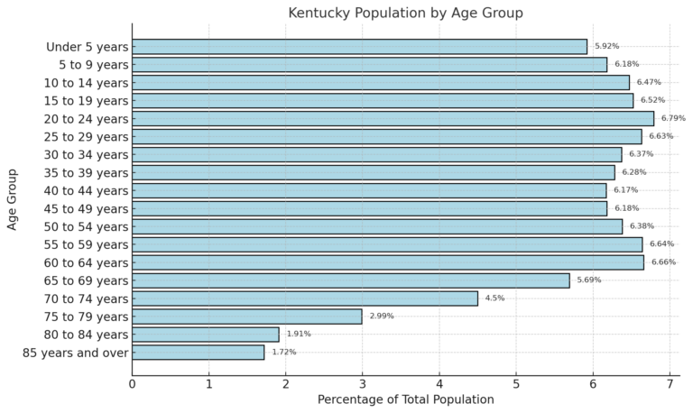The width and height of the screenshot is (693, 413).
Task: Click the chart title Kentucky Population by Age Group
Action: pos(405,13)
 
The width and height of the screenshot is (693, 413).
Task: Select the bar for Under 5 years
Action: pos(359,46)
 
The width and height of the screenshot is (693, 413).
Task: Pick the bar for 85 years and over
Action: pos(198,352)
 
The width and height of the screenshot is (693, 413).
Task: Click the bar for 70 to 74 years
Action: pos(305,298)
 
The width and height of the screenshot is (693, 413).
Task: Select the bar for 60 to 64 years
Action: pos(388,262)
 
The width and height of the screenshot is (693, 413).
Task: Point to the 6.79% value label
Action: pos(673,118)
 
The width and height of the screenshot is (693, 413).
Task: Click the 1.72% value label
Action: pos(283,352)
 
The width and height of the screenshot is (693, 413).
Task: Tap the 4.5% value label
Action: pos(494,298)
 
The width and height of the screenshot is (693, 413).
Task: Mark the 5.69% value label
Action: pos(588,280)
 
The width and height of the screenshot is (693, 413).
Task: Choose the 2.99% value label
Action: pos(381,317)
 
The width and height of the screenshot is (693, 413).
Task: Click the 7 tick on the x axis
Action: pos(670,384)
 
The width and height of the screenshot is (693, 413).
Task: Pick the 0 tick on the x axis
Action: pos(132,384)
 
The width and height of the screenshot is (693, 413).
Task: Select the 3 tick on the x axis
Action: pos(363,384)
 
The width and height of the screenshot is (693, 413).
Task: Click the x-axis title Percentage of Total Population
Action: pos(405,399)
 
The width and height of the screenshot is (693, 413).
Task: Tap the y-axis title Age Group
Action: pos(13,198)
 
